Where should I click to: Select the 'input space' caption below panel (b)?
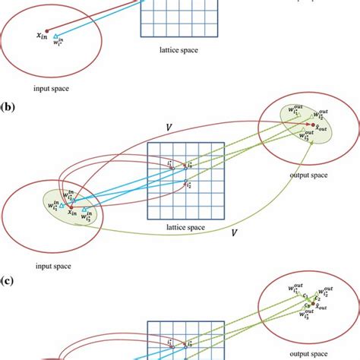click(x=52, y=265)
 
